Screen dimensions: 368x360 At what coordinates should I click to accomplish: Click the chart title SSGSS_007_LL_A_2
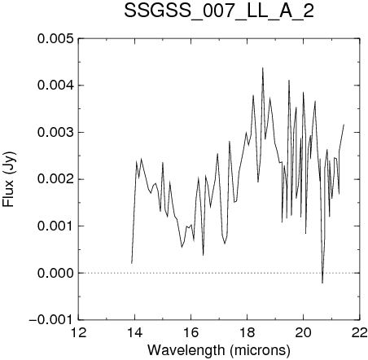[x=219, y=12]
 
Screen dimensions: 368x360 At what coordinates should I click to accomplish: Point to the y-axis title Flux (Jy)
[x=9, y=179]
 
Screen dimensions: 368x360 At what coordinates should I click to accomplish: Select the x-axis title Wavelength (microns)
[x=219, y=350]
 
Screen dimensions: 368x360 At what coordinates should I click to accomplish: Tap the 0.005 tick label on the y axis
[x=55, y=39]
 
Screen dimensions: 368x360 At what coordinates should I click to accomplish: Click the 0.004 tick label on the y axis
[x=55, y=86]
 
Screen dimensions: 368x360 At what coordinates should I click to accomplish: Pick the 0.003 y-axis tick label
[x=55, y=133]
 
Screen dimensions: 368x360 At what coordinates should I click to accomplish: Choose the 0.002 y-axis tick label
[x=55, y=179]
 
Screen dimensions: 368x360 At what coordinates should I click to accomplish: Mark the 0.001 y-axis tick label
[x=55, y=226]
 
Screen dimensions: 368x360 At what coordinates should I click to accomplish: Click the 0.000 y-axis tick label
[x=55, y=273]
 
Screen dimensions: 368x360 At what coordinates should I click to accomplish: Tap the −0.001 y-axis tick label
[x=51, y=320]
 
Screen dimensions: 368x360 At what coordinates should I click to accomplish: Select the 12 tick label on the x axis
[x=79, y=332]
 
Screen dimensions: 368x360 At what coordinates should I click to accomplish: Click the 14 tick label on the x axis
[x=135, y=332]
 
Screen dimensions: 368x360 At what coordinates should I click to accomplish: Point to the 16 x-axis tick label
[x=191, y=332]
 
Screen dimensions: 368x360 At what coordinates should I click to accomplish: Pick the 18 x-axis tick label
[x=248, y=332]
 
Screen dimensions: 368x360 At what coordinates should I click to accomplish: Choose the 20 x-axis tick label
[x=304, y=332]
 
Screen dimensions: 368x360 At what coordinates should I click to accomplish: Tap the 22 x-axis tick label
[x=360, y=332]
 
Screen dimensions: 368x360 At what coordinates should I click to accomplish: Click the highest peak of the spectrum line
[x=262, y=68]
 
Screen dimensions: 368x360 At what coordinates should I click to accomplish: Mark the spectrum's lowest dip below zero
[x=322, y=283]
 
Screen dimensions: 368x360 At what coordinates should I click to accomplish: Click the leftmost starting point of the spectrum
[x=132, y=263]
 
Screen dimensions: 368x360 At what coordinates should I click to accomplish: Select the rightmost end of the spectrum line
[x=344, y=125]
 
